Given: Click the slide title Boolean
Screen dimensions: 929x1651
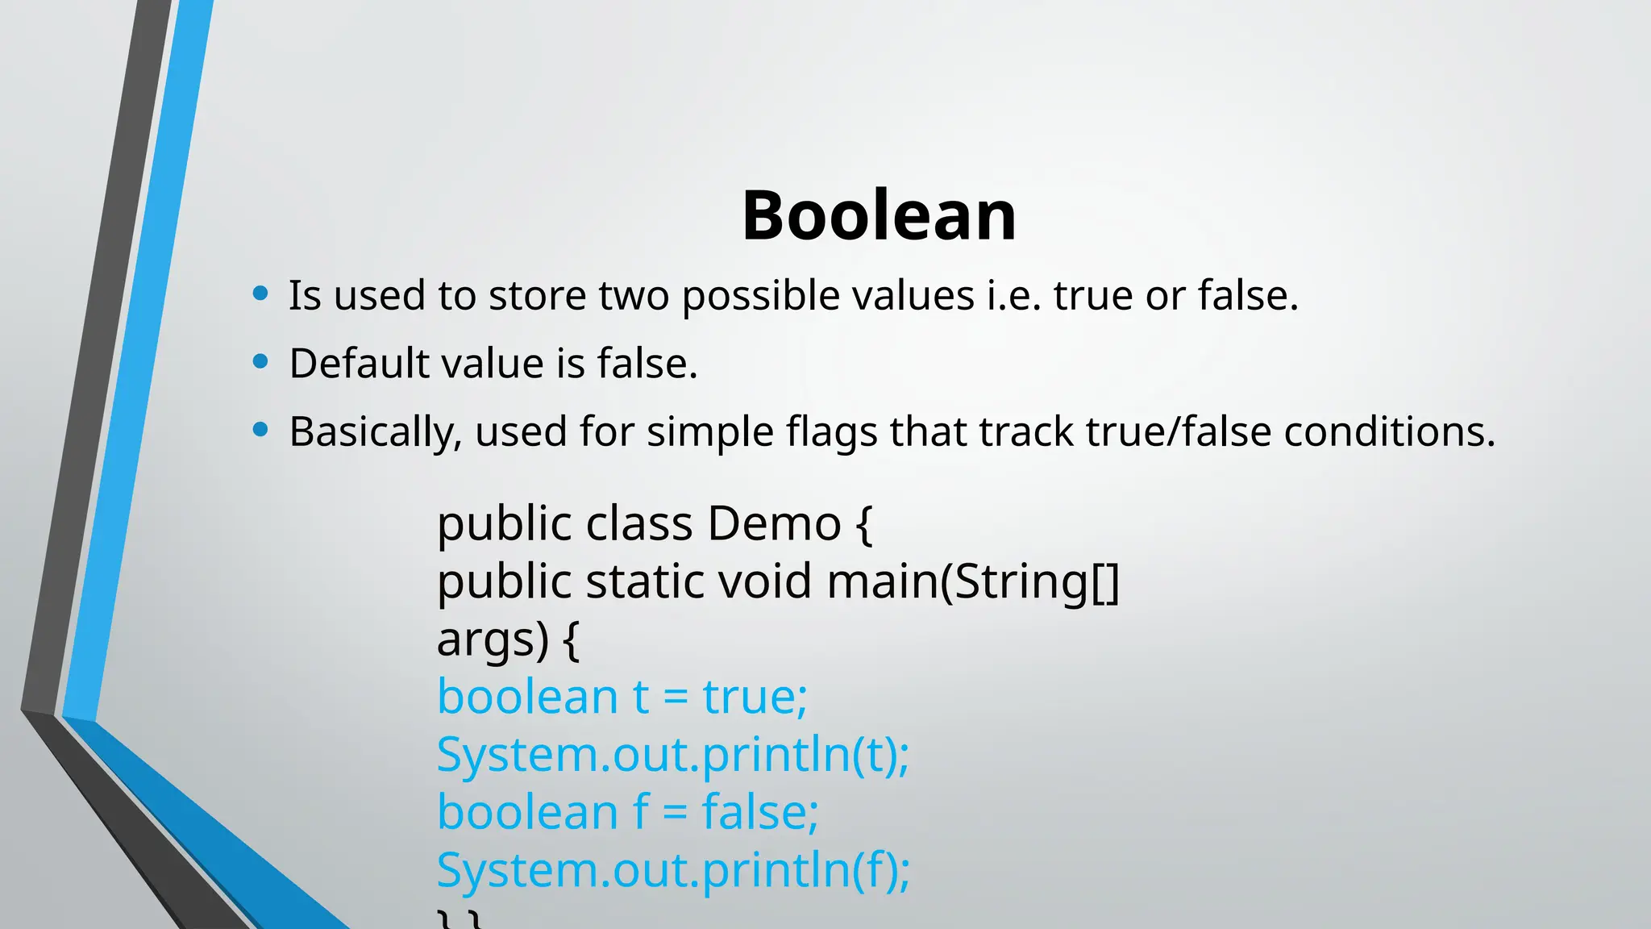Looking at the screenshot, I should (879, 215).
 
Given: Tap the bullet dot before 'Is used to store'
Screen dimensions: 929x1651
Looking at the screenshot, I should (260, 294).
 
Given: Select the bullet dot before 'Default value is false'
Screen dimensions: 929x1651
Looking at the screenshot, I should (260, 361).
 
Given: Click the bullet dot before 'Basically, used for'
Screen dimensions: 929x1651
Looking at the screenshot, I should (260, 430).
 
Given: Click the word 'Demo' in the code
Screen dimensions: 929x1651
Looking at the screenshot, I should (774, 523).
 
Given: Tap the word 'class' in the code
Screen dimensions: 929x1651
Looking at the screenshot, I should (639, 523).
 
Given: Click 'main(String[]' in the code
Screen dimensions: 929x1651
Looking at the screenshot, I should (973, 582).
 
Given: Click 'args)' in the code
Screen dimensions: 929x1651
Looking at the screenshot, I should (493, 640).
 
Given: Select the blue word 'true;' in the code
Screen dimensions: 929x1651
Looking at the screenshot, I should (755, 697).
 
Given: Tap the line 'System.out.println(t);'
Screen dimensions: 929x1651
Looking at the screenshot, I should (673, 756).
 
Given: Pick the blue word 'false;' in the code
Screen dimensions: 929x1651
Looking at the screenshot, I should (760, 812).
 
